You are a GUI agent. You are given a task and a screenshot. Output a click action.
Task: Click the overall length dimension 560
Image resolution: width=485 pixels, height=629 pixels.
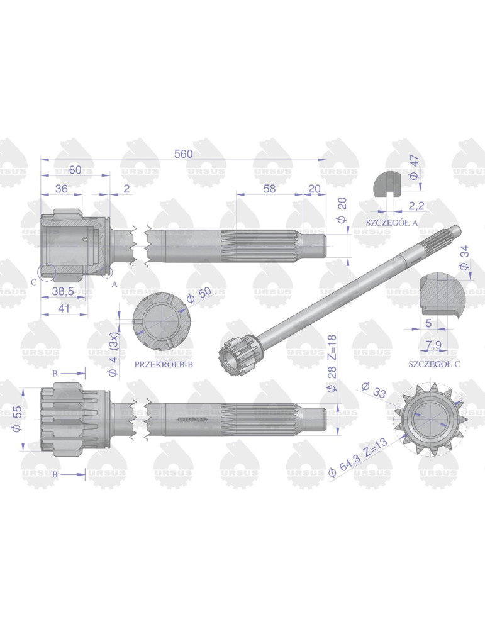pyautogui.click(x=183, y=153)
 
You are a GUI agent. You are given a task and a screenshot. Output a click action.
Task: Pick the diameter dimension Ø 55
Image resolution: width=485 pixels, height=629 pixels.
pyautogui.click(x=18, y=416)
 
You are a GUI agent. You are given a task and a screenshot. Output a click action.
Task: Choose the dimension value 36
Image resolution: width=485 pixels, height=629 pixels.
pyautogui.click(x=62, y=188)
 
